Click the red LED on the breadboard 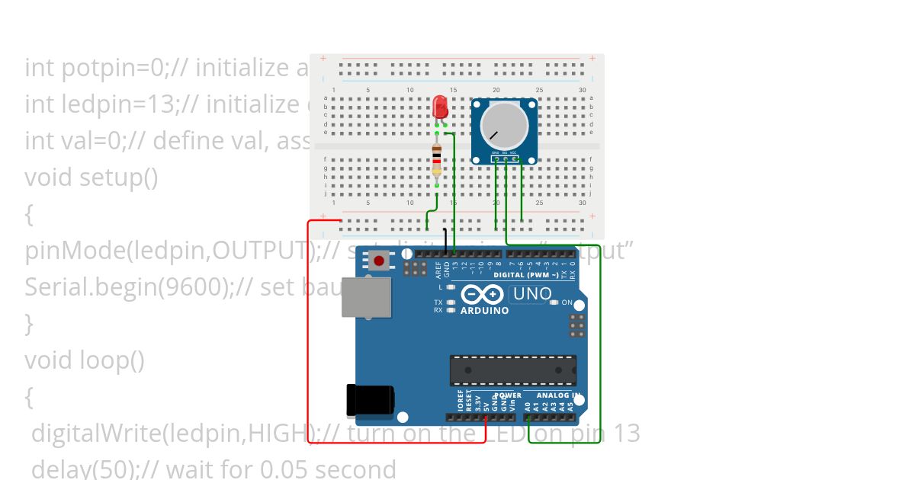[440, 107]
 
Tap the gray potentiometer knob [504, 125]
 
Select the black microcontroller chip [512, 370]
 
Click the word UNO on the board [532, 293]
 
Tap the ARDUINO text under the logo [484, 310]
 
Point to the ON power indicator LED [554, 302]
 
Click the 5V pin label [486, 405]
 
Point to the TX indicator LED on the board [451, 302]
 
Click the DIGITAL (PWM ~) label [525, 274]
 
